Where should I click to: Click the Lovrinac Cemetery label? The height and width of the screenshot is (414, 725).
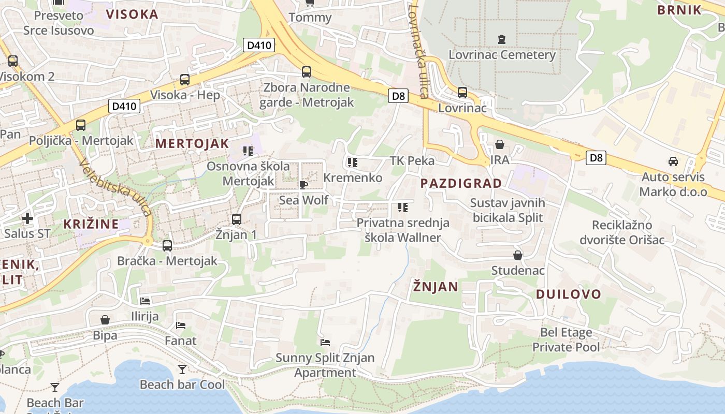coord(502,55)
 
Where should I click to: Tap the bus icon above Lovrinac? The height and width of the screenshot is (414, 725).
coord(462,93)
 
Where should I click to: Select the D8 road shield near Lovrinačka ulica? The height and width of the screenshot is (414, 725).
coord(398,96)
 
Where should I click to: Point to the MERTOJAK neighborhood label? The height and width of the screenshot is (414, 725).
coord(192,144)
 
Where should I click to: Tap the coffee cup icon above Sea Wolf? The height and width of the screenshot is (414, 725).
coord(303,185)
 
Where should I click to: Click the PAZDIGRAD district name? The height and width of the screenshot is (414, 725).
coord(461,183)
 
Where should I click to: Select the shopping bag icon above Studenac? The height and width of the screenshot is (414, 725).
coord(517,255)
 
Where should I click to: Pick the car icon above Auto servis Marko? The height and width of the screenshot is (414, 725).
coord(673,161)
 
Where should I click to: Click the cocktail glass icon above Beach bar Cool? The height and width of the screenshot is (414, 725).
coord(182,369)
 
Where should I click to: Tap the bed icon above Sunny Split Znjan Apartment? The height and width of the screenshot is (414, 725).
coord(325,342)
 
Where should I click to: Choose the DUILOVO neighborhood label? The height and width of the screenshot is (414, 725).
coord(568,294)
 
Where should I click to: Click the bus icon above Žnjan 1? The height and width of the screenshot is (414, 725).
coord(237,219)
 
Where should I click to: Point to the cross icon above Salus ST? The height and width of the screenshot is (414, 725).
coord(27,218)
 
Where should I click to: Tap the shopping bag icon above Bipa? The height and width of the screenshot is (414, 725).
coord(105,320)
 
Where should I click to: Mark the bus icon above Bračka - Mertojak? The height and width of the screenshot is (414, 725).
coord(167,246)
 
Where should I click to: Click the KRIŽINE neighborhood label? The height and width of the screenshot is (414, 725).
coord(91,224)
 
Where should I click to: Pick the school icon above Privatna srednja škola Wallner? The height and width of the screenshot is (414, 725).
coord(403,208)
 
